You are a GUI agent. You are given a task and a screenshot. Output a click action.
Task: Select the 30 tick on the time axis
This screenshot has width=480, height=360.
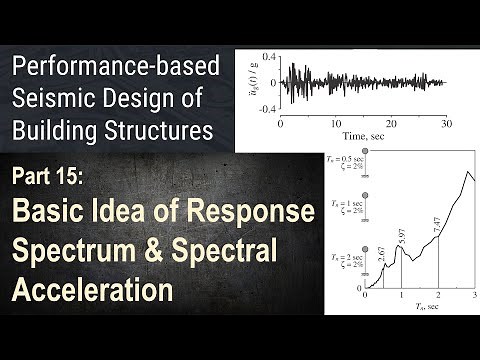445,121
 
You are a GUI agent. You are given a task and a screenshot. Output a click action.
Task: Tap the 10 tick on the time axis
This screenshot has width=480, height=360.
336,121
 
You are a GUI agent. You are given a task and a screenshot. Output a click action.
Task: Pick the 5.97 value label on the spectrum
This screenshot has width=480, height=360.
401,239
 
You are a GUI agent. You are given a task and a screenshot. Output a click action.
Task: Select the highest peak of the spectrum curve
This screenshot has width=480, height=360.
462,171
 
